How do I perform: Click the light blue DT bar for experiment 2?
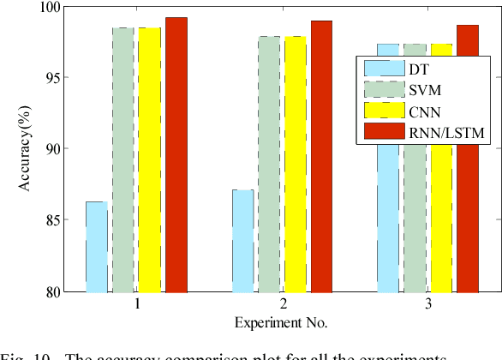tap(243, 241)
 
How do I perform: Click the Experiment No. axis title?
tap(282, 323)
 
